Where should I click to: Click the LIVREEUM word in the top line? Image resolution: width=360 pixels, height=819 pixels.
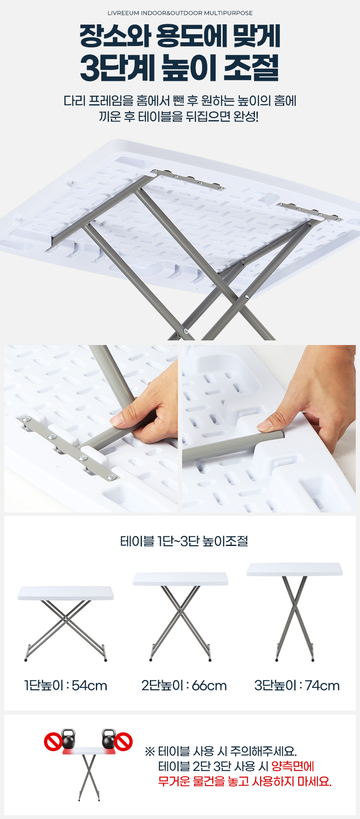(123, 13)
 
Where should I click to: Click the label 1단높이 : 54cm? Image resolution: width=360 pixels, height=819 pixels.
(66, 686)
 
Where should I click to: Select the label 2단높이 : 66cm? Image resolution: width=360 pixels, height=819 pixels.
(184, 686)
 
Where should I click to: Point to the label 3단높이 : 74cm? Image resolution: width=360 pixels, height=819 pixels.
(297, 686)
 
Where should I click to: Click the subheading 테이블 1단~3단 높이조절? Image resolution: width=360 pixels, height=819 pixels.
(184, 541)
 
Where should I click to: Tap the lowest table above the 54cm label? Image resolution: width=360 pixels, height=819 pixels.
(66, 623)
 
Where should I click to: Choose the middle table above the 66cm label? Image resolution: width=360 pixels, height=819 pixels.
(180, 616)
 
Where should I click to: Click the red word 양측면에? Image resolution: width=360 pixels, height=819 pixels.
(293, 766)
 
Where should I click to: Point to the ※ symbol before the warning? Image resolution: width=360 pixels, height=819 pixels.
(150, 751)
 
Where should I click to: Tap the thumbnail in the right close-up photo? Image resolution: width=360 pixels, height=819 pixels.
(265, 426)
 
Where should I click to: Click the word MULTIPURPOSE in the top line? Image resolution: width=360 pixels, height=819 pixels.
(229, 13)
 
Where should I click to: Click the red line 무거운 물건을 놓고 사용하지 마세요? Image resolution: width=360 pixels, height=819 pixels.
(245, 781)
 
